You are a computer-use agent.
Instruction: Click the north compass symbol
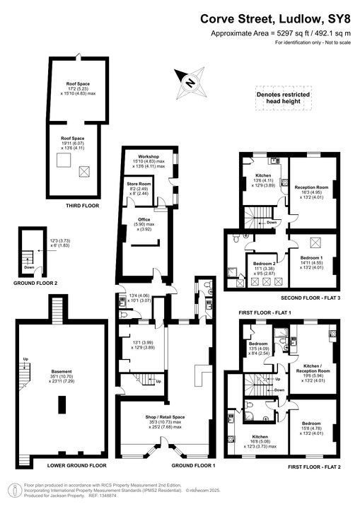coord(190,82)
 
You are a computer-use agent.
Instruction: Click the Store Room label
coord(139,185)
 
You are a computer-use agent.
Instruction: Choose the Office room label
coord(144,220)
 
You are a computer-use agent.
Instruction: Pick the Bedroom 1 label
coord(311,258)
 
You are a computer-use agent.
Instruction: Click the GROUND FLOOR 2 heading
coord(35,283)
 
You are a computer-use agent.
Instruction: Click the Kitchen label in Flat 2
coord(260,438)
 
